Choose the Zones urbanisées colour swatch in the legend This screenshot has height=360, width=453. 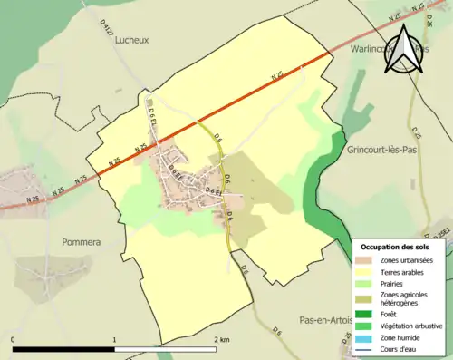pyautogui.click(x=363, y=260)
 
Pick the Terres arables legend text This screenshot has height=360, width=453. pyautogui.click(x=404, y=271)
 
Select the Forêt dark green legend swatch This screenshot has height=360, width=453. pyautogui.click(x=363, y=315)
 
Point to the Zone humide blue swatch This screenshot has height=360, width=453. pyautogui.click(x=363, y=336)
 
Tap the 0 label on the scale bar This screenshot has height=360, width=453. pyautogui.click(x=14, y=339)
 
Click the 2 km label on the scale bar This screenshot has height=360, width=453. pyautogui.click(x=222, y=339)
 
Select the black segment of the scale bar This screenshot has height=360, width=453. pyautogui.click(x=63, y=349)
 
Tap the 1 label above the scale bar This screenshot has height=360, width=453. pyautogui.click(x=114, y=339)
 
